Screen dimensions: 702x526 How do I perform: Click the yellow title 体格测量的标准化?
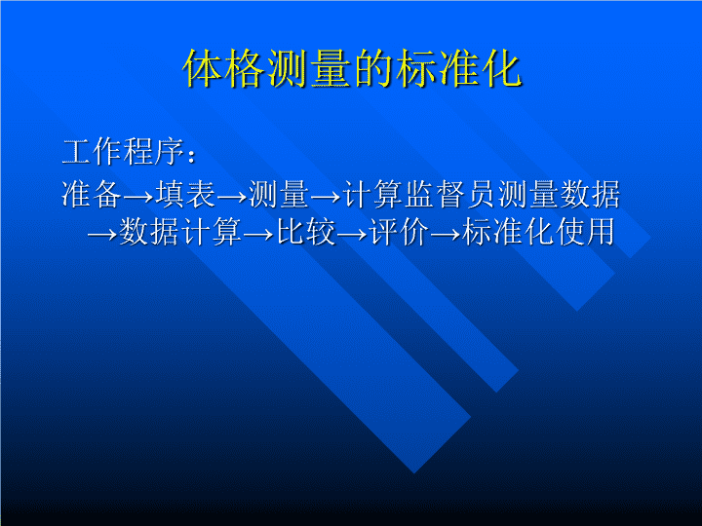point(352,68)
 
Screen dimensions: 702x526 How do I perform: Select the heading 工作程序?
point(123,152)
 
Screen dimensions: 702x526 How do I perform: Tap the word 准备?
point(92,194)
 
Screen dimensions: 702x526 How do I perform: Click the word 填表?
point(185,194)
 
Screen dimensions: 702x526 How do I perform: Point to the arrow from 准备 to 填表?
point(138,197)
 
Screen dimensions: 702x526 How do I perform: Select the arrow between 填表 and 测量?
point(232,197)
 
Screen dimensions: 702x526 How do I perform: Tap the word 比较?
point(306,232)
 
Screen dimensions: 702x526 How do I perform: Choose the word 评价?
point(399,232)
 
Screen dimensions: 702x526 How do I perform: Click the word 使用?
point(584,232)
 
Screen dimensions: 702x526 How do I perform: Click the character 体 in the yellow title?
point(203,68)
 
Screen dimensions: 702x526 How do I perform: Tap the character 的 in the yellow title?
point(373,68)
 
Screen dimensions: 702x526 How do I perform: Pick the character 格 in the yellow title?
point(246,68)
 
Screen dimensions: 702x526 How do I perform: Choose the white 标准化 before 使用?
point(508,232)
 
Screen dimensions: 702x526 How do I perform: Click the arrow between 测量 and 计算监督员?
point(326,197)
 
